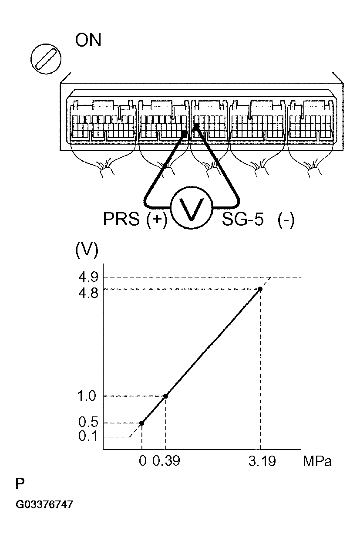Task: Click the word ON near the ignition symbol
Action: [x=88, y=40]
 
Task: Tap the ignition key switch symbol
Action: [x=46, y=59]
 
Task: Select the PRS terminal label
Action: [x=121, y=219]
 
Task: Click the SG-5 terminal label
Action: [x=243, y=219]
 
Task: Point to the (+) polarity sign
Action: [x=157, y=220]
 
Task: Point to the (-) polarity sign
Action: [x=286, y=220]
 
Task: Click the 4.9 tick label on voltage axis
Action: [x=88, y=277]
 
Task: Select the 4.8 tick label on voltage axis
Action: [x=88, y=293]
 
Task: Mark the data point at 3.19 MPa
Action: [x=260, y=289]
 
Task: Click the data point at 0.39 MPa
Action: [x=165, y=396]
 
